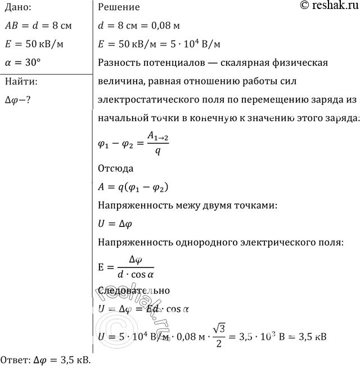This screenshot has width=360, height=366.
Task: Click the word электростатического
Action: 148,100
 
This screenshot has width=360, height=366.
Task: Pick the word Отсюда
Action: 116,169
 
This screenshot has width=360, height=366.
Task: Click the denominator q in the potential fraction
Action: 158,151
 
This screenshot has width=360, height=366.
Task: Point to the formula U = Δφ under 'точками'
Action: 115,224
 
